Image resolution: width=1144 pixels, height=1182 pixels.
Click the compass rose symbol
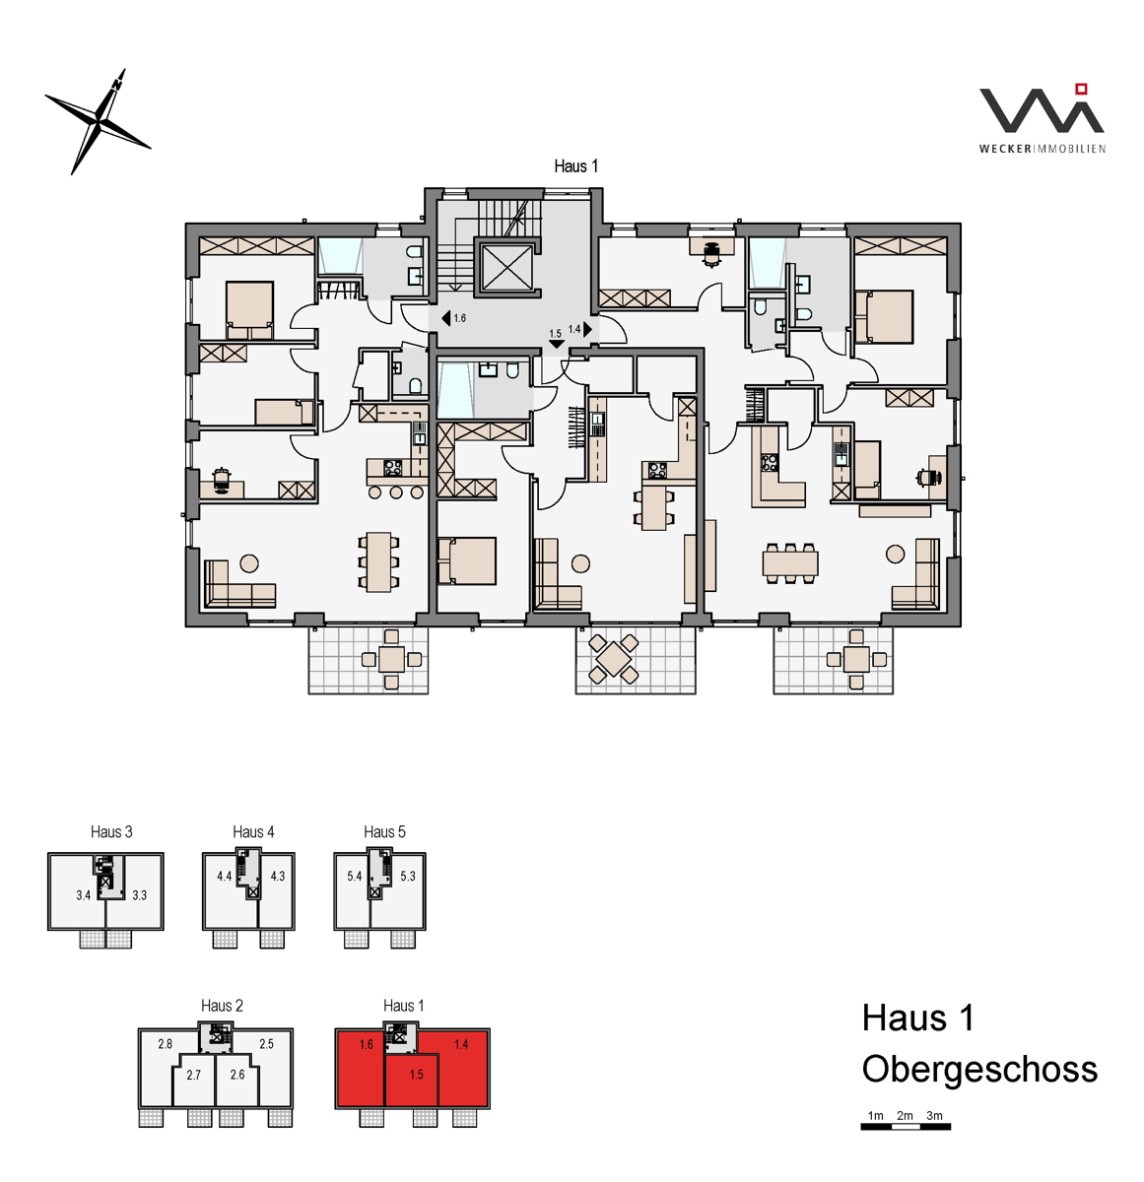pos(98,121)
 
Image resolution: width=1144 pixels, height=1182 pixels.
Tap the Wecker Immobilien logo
pos(1042,118)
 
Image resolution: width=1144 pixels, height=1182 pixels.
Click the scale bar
pos(906,1127)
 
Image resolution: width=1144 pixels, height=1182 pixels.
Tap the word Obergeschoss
pos(979,1069)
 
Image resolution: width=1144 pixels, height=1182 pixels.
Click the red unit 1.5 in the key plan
pos(411,1082)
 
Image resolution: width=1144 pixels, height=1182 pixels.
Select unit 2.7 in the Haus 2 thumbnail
pos(194,1082)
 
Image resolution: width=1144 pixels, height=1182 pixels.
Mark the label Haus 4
pos(253,831)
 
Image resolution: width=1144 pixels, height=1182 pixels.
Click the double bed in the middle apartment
pos(466,560)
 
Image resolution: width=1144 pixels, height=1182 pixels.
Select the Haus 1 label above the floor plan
pos(575,165)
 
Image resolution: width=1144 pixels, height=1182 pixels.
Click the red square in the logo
pos(1081,90)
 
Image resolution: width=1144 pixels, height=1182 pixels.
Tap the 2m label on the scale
pos(905,1115)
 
